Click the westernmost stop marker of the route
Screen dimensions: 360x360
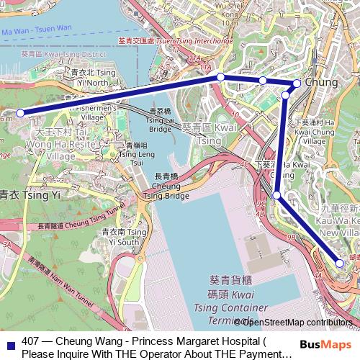(x=21, y=112)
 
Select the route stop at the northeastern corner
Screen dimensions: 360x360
(x=297, y=83)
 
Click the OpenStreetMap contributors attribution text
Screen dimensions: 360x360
(x=295, y=323)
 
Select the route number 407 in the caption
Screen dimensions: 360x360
(x=31, y=341)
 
